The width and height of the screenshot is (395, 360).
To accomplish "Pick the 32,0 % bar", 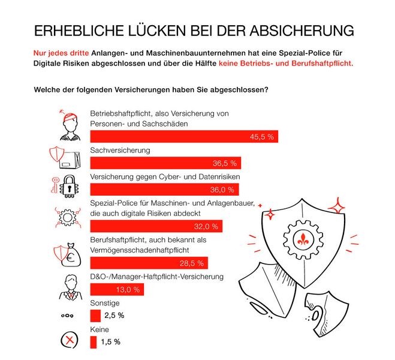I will [x=156, y=226].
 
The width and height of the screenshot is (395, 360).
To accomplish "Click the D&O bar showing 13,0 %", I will [x=117, y=289].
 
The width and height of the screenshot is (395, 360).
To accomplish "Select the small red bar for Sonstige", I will [x=95, y=316].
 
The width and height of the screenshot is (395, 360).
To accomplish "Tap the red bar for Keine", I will [x=93, y=342].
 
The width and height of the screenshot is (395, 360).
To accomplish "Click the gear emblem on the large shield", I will [x=301, y=236].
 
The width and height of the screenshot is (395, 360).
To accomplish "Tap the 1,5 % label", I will [x=110, y=342].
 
